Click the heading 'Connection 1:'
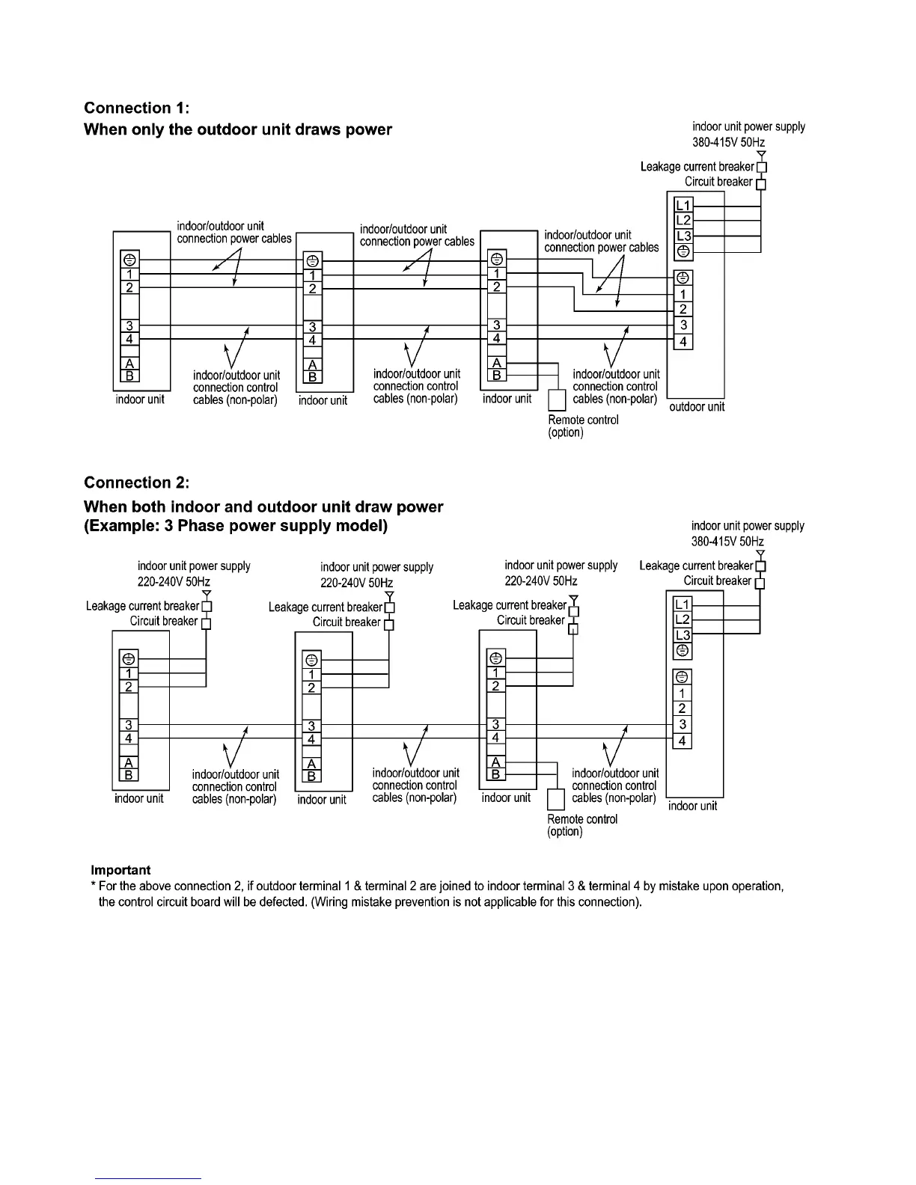[x=137, y=108]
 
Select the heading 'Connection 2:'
[x=137, y=483]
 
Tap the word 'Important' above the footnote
[x=120, y=870]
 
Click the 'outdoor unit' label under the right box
[x=696, y=407]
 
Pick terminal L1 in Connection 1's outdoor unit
[x=683, y=205]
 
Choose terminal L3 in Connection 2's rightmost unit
[x=683, y=635]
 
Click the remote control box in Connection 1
[x=556, y=399]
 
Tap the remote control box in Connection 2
[x=556, y=799]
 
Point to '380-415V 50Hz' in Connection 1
[x=728, y=142]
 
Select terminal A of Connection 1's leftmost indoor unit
[x=129, y=364]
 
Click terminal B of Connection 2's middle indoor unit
[x=312, y=776]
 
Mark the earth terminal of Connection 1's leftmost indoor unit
[x=129, y=260]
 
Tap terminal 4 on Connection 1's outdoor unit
[x=683, y=342]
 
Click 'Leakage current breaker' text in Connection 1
[x=697, y=167]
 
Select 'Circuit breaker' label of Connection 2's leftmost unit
[x=164, y=621]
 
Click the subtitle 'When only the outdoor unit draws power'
[x=238, y=129]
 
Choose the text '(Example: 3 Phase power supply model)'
[x=236, y=526]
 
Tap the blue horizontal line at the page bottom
[x=149, y=1178]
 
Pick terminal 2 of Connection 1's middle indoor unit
[x=312, y=289]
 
